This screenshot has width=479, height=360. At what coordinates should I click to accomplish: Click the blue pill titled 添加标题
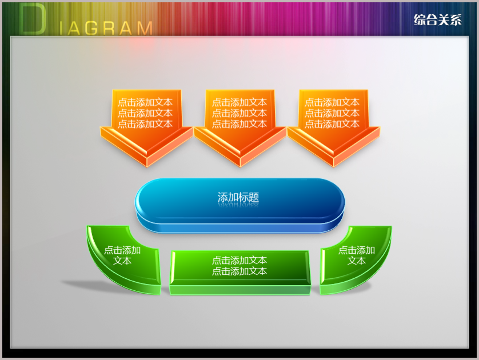(x=240, y=206)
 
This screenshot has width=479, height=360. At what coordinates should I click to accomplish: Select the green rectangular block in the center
(x=240, y=273)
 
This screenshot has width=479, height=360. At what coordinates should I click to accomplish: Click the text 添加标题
(x=238, y=197)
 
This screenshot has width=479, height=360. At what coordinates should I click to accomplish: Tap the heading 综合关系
(x=438, y=20)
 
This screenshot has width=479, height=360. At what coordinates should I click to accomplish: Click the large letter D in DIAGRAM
(x=33, y=19)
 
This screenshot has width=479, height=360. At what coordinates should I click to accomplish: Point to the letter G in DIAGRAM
(x=91, y=29)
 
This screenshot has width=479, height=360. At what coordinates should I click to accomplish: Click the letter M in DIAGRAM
(x=145, y=29)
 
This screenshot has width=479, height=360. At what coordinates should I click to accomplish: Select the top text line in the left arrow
(x=145, y=102)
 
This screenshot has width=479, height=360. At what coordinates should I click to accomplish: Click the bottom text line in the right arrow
(x=332, y=124)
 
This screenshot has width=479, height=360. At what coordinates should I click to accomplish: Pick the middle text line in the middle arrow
(x=240, y=113)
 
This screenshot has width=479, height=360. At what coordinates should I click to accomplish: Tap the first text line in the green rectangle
(x=240, y=261)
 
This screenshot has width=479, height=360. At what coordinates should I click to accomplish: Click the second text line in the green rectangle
(x=240, y=271)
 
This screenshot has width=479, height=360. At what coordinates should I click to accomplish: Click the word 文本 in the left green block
(x=122, y=261)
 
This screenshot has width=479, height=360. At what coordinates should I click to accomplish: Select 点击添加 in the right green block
(x=357, y=250)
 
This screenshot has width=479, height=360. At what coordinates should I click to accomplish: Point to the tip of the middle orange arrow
(x=240, y=167)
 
